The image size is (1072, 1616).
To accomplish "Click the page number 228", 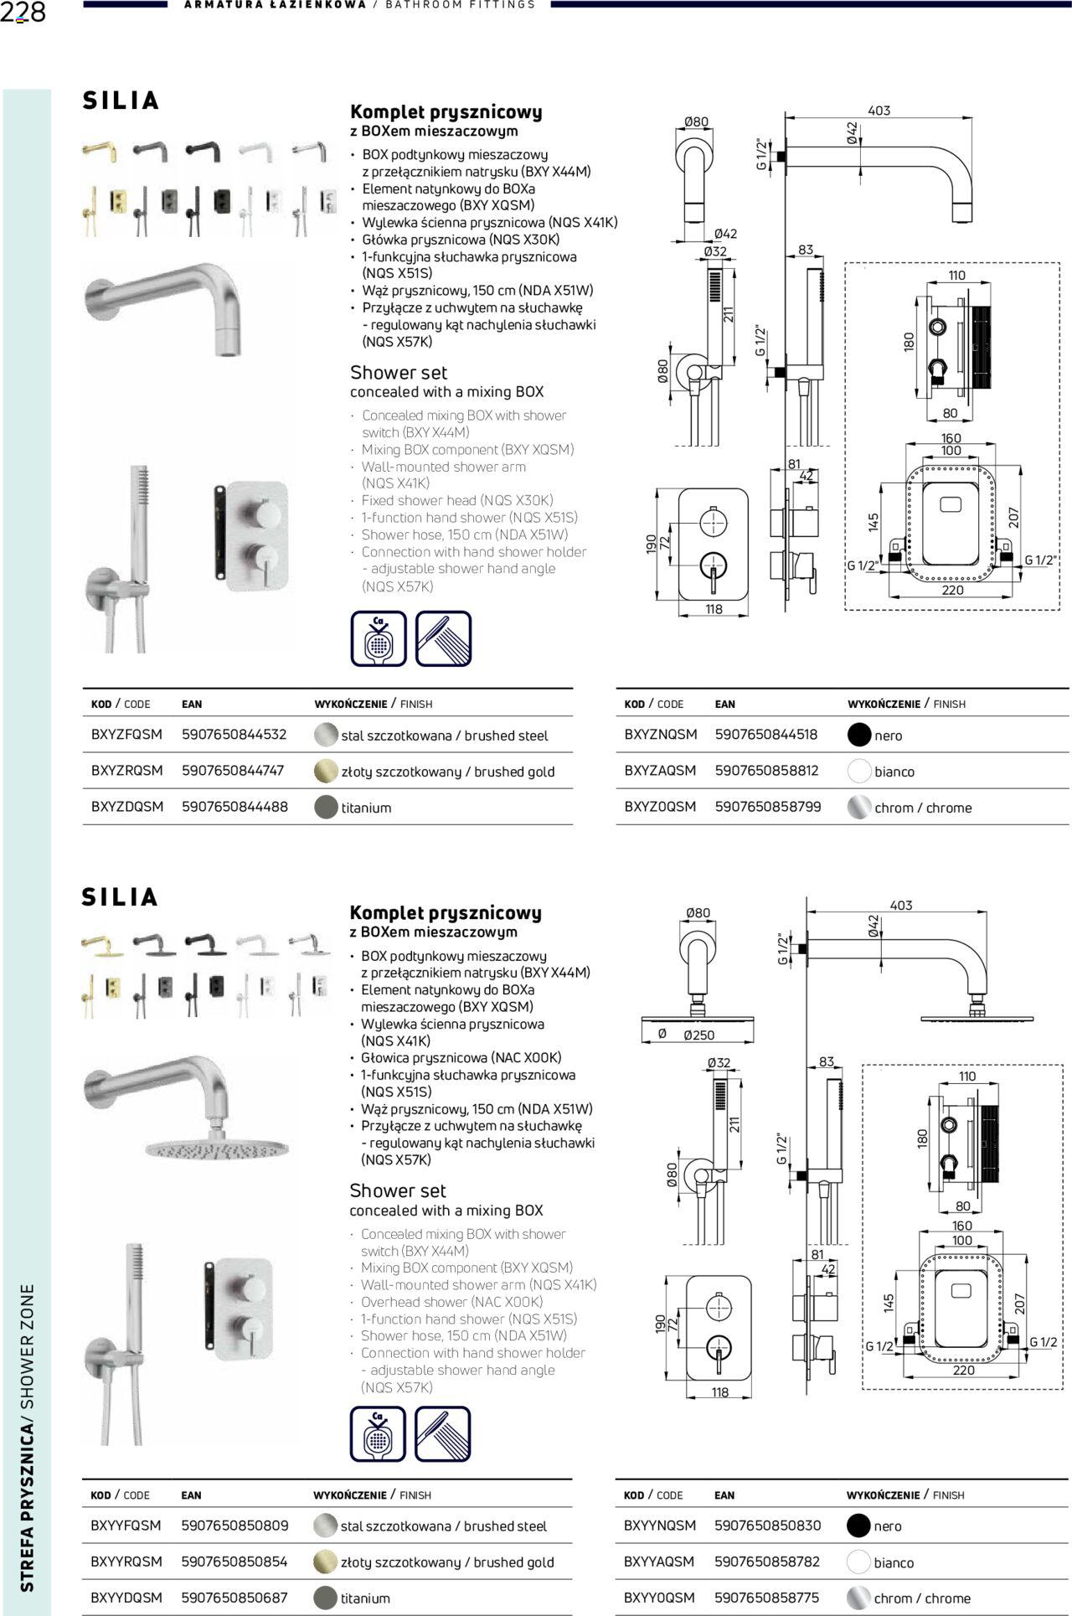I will (x=23, y=13).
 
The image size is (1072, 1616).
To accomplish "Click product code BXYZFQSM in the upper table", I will (x=126, y=735).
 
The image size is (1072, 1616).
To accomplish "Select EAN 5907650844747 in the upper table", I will (x=233, y=771).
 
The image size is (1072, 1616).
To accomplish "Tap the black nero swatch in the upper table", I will (x=859, y=735).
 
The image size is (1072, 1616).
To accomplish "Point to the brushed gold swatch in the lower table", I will (x=325, y=1562).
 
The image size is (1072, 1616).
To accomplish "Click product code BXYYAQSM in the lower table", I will (x=659, y=1562).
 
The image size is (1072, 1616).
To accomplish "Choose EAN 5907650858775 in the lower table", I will (x=766, y=1598).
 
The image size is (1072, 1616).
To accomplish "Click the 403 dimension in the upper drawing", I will (x=879, y=111).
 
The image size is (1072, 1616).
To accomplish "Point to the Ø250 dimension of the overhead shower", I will (x=698, y=1035).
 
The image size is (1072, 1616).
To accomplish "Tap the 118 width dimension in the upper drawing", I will (x=714, y=609).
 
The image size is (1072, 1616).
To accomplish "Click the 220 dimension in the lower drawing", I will (x=963, y=1370).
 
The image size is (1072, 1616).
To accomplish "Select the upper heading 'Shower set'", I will (x=399, y=373).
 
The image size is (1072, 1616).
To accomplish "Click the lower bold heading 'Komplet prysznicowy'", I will (x=445, y=913).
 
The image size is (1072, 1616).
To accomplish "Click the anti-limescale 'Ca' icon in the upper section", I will (x=379, y=639).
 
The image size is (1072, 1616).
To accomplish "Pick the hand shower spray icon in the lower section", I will (x=442, y=1434).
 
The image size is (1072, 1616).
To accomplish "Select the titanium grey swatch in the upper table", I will (x=326, y=807).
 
